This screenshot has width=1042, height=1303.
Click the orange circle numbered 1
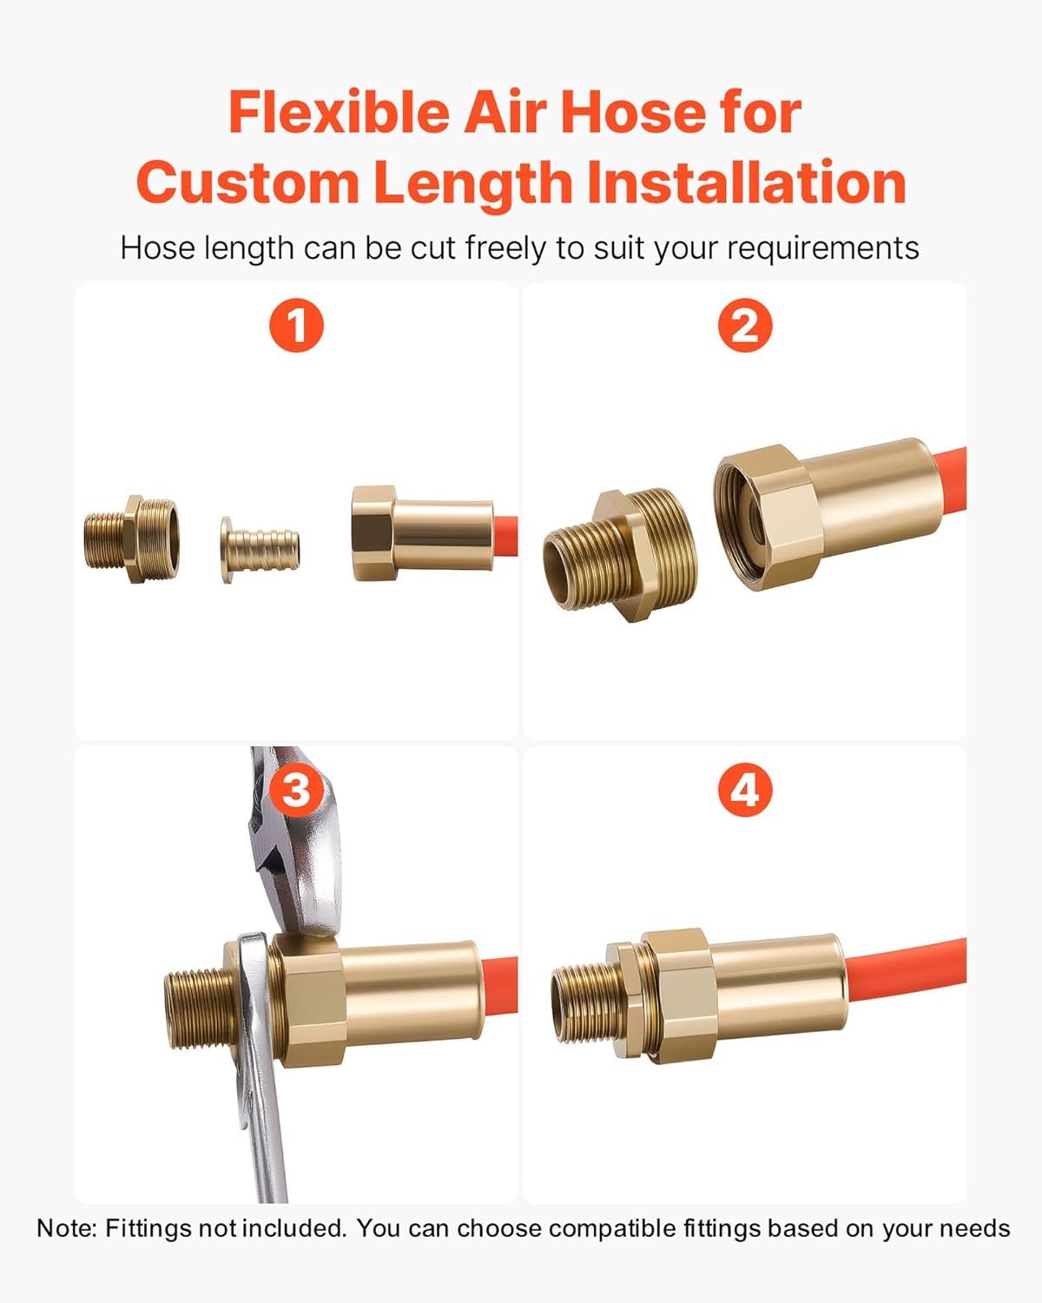tap(296, 325)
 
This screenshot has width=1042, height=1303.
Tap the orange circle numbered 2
tap(745, 325)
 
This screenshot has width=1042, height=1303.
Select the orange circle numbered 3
tap(296, 790)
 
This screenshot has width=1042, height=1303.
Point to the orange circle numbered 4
tap(745, 790)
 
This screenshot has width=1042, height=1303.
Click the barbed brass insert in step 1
tap(260, 549)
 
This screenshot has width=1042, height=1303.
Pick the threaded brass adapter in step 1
tap(131, 539)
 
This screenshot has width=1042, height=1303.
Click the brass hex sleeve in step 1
tap(422, 533)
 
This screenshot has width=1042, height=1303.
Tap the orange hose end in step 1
tap(505, 536)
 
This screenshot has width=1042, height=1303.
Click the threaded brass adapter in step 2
tap(620, 554)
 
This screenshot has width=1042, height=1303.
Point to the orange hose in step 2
tap(952, 479)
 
